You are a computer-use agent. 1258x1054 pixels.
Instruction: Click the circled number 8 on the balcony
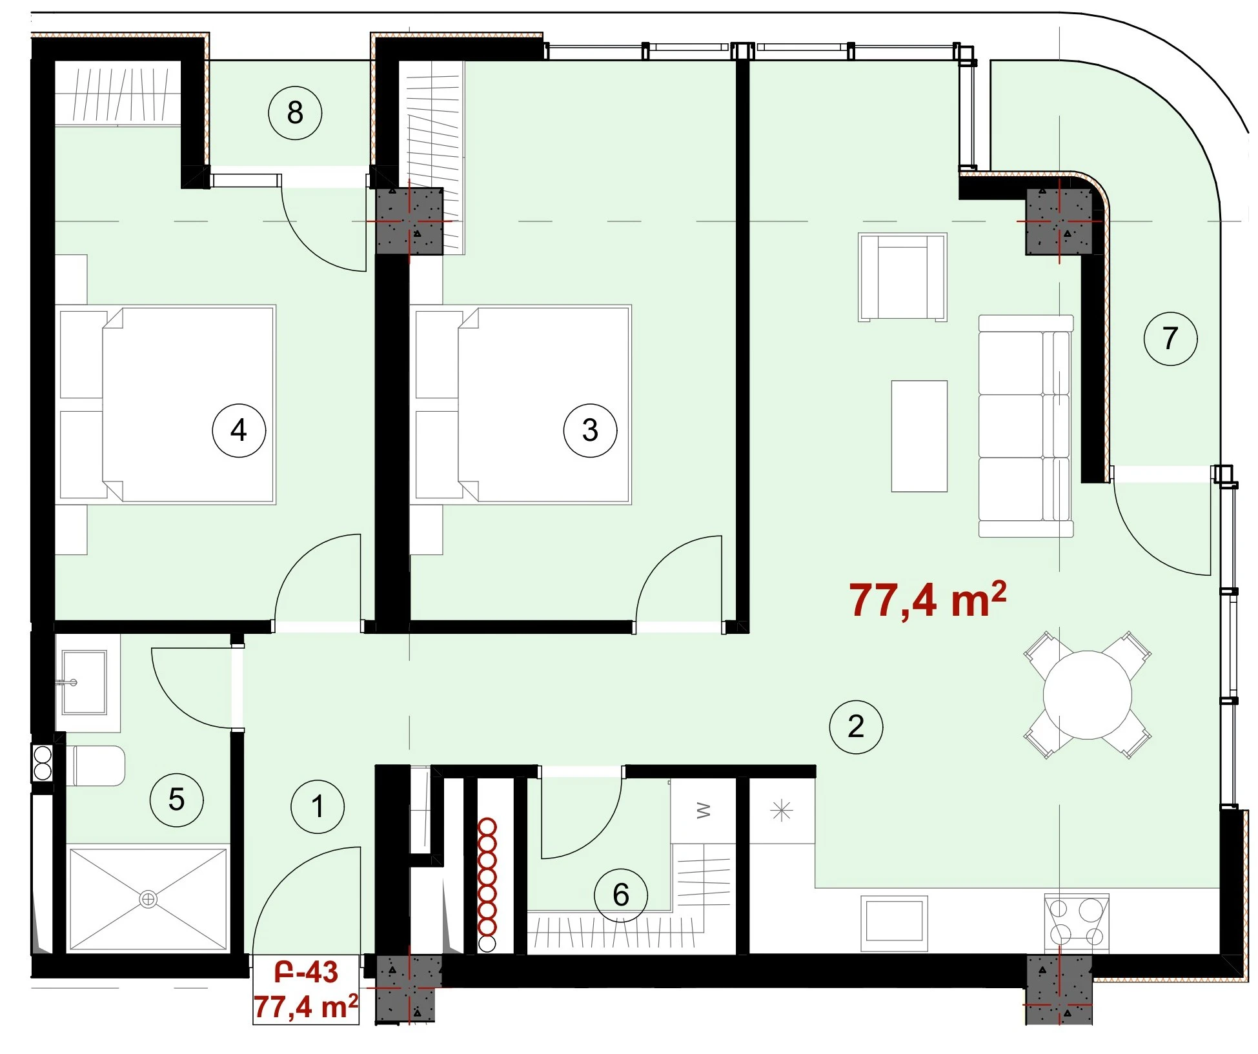click(295, 113)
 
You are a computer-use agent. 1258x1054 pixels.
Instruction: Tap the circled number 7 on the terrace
click(1170, 338)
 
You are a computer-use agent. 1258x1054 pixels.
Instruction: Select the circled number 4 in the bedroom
click(239, 430)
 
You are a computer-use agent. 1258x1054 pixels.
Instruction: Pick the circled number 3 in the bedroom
click(590, 430)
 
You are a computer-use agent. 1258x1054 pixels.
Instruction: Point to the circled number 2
click(856, 727)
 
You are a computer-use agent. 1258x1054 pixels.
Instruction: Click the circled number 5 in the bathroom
click(176, 800)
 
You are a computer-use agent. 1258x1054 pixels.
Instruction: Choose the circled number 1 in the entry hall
click(318, 806)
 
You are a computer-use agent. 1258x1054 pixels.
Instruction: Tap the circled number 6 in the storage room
click(620, 895)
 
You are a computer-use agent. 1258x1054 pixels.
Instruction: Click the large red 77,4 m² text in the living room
click(928, 600)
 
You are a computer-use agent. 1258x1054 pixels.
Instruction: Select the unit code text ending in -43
click(306, 972)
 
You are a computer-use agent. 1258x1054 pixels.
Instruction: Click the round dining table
click(1088, 694)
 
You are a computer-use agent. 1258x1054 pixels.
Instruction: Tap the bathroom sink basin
click(84, 682)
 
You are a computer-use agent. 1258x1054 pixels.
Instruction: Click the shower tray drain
click(148, 898)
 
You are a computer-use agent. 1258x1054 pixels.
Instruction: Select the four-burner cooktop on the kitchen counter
click(1077, 923)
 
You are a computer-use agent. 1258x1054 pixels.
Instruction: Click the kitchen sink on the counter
click(894, 923)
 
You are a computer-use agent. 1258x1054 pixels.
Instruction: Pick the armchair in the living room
click(902, 277)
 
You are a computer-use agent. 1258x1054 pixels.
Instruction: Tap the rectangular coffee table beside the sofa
click(919, 436)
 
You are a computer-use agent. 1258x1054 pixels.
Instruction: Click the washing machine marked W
click(704, 811)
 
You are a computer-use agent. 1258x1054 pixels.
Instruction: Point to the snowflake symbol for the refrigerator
click(782, 810)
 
